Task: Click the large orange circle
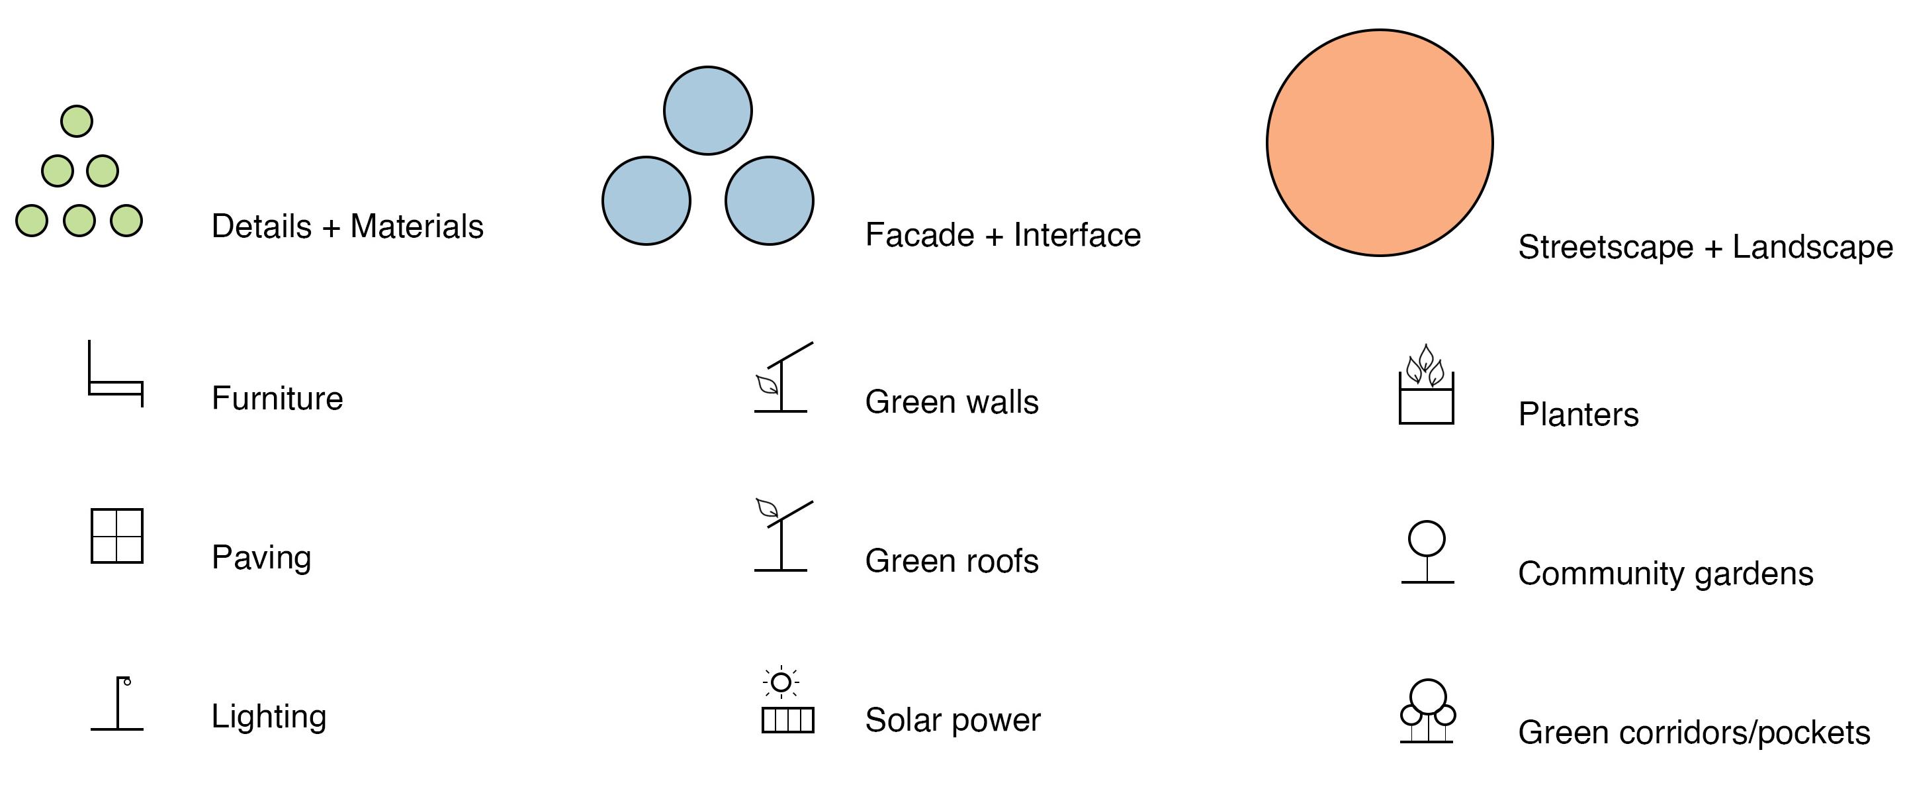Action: pos(1379,143)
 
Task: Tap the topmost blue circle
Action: pos(708,111)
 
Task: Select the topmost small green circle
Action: pos(76,121)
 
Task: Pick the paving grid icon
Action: pos(117,536)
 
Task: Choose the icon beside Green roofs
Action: pos(783,537)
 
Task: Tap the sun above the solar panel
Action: pos(780,682)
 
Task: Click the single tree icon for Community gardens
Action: pos(1427,552)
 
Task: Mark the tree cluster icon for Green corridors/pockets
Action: pos(1427,711)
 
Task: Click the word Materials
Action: pos(417,227)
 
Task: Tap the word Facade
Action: pos(920,236)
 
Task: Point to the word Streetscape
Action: pos(1605,248)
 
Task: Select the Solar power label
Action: pos(953,720)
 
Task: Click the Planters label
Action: pos(1578,415)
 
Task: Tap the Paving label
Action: pos(261,558)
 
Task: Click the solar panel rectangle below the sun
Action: pos(787,720)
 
